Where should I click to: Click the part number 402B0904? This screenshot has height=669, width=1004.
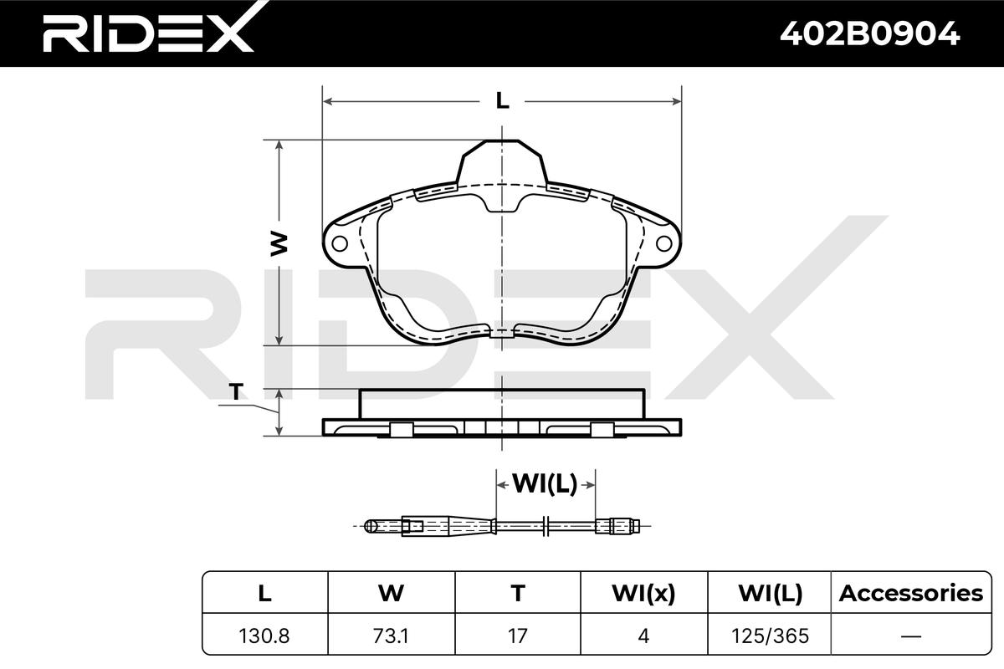869,34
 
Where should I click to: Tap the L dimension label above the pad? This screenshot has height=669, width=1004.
503,101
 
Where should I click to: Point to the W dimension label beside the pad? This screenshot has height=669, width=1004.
279,243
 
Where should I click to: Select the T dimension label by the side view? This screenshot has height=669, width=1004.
236,391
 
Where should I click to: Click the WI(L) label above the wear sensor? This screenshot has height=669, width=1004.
545,483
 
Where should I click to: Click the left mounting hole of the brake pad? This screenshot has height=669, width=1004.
340,243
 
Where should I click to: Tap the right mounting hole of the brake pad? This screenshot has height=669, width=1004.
663,243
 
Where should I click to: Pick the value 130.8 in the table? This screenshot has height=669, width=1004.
264,636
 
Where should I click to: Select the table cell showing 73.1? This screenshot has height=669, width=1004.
391,636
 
